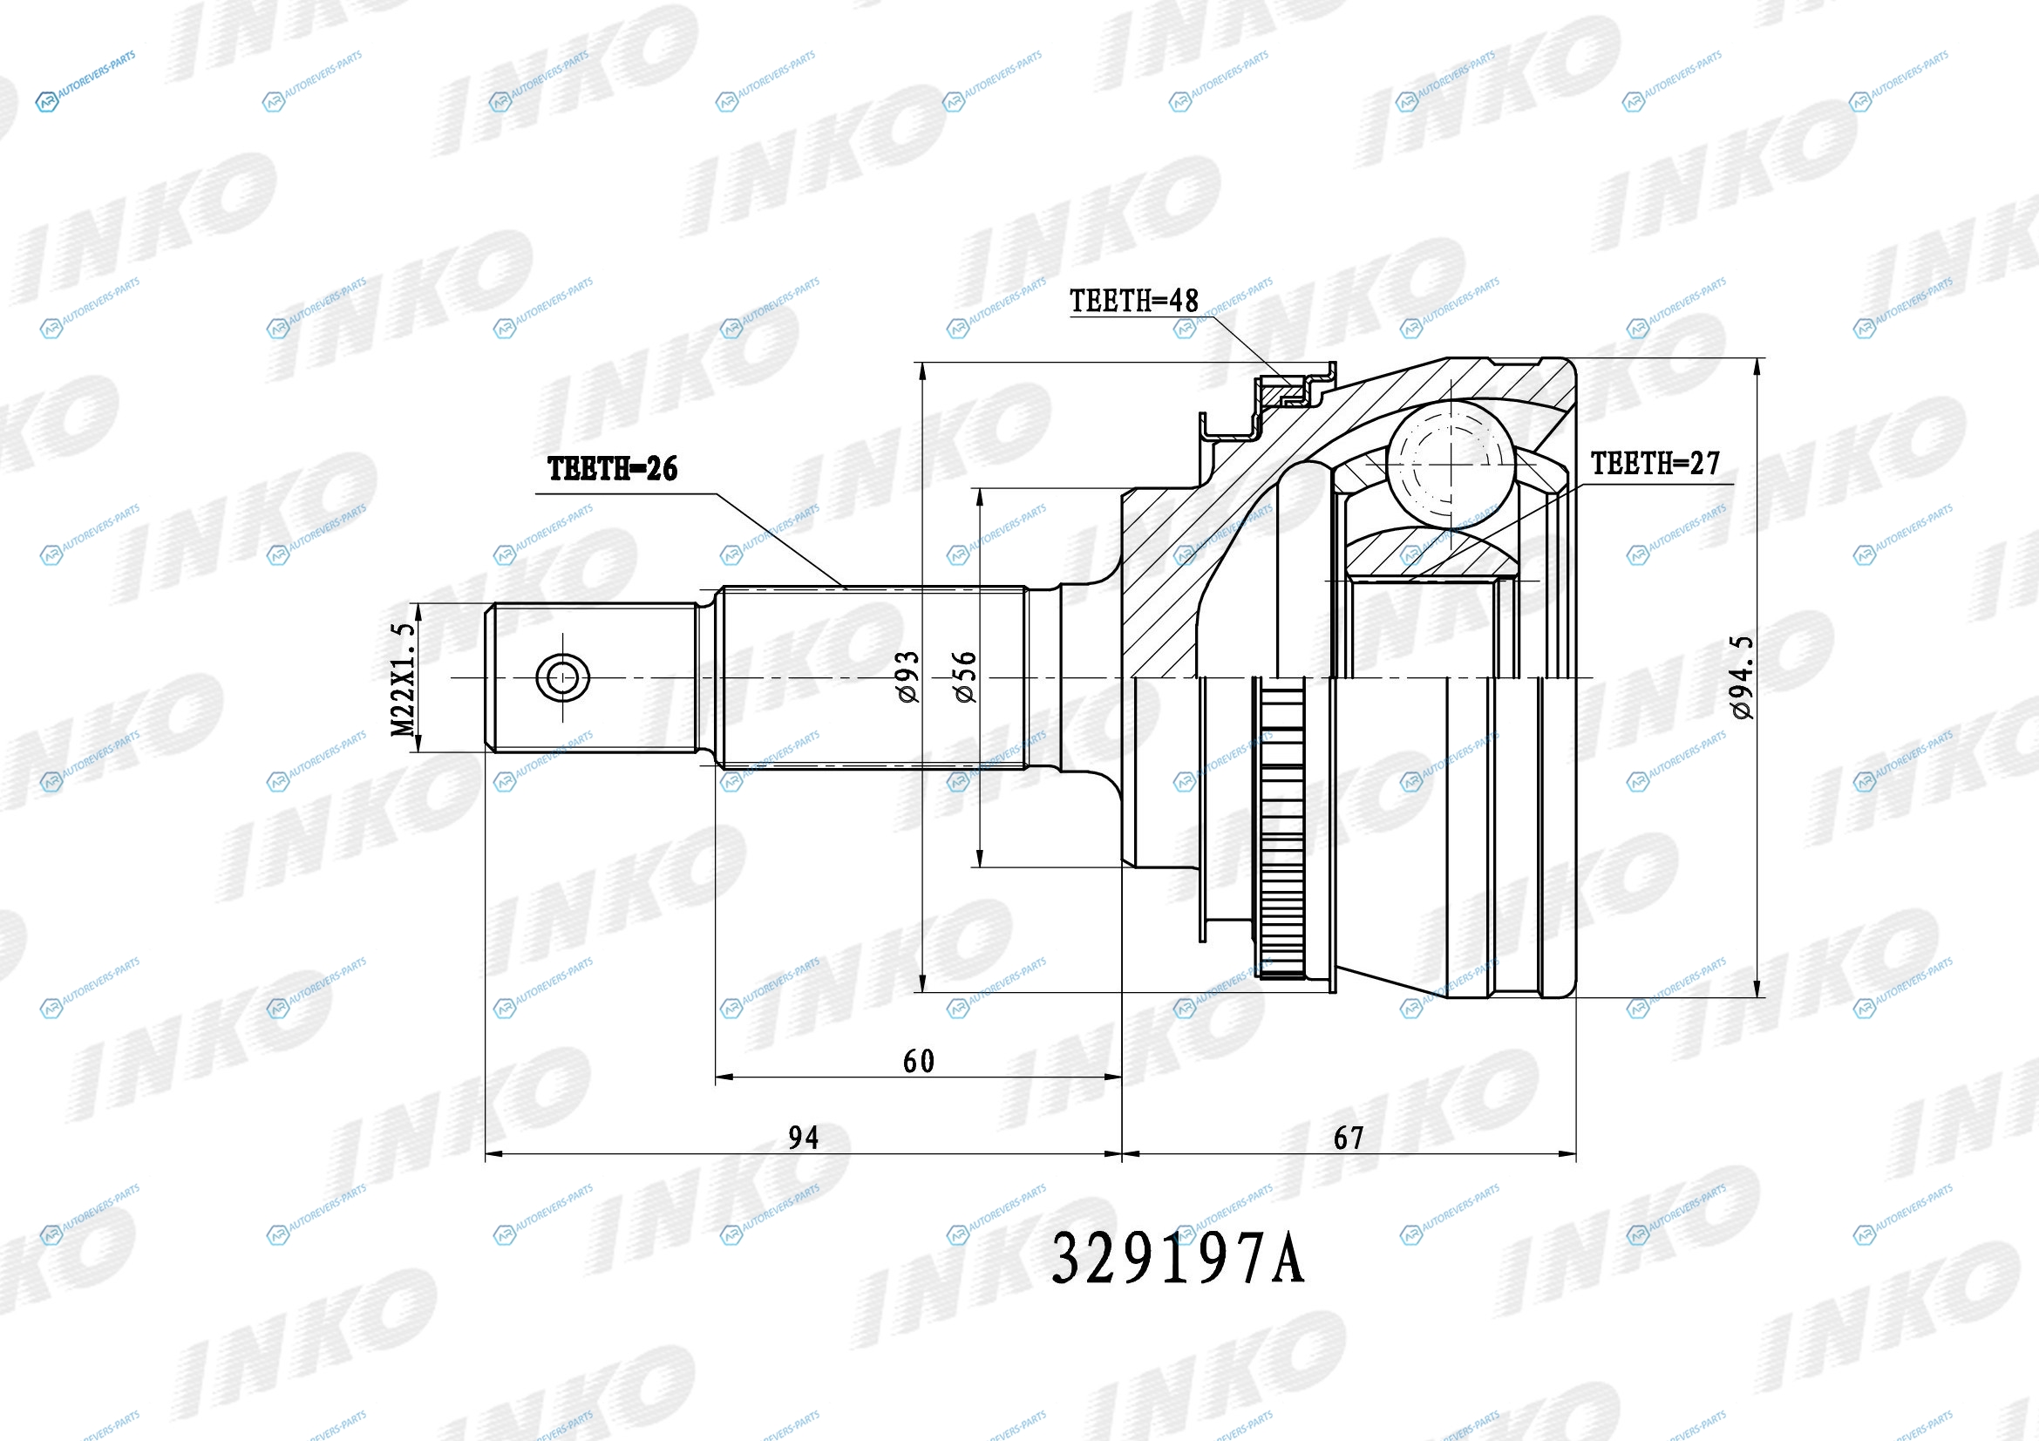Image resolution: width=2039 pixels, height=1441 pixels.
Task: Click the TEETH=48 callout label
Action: coord(1133,301)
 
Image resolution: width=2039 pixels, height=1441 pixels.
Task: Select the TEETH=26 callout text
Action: coord(612,469)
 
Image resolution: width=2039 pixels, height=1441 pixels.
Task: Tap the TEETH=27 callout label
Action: coord(1655,463)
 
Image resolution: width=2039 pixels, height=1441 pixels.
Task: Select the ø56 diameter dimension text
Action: coord(965,676)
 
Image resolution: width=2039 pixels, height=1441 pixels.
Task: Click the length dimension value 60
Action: coord(918,1061)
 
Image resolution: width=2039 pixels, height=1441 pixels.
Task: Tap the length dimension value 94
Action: coord(804,1138)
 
